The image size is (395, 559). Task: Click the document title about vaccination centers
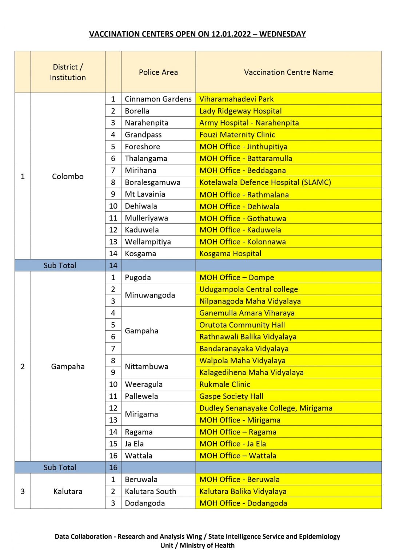point(197,34)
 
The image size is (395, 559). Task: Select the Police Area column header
point(158,72)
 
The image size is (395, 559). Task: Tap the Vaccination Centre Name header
point(288,72)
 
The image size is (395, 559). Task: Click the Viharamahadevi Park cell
point(236,99)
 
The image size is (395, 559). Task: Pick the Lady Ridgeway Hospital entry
point(240,111)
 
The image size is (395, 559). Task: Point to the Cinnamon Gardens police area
point(158,99)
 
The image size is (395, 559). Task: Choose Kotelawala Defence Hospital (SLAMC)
point(265,182)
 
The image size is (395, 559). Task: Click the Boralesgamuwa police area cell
point(152,182)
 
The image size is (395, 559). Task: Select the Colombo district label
point(68,177)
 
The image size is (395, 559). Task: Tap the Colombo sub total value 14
point(113,266)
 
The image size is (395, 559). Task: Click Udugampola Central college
point(248,289)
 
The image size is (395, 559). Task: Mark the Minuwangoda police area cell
point(150,295)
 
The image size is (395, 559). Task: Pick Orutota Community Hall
point(242,325)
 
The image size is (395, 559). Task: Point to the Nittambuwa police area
point(146,366)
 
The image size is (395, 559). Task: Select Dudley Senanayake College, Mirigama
point(266,408)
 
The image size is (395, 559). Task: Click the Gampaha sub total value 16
point(113,468)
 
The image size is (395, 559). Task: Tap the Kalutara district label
point(68,492)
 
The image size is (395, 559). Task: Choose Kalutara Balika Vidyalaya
point(243,492)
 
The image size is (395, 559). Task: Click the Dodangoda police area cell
point(145,503)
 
